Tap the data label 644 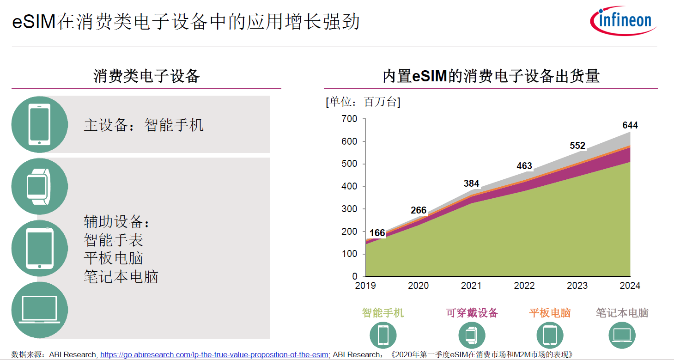click(x=630, y=125)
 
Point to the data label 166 click(x=377, y=233)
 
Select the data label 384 click(x=471, y=183)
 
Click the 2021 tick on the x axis click(x=471, y=286)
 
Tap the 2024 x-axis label click(x=630, y=286)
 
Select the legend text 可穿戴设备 click(x=472, y=313)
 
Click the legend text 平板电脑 click(x=550, y=313)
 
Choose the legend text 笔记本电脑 click(x=622, y=313)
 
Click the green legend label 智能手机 click(x=383, y=313)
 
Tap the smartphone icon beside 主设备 click(x=39, y=124)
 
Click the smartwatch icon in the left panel click(x=39, y=186)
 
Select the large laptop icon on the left click(x=39, y=310)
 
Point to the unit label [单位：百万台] click(x=363, y=102)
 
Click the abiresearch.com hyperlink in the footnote click(x=214, y=354)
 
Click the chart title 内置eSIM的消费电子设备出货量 click(x=491, y=76)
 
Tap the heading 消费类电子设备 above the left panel click(x=146, y=76)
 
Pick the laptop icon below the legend click(x=622, y=335)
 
